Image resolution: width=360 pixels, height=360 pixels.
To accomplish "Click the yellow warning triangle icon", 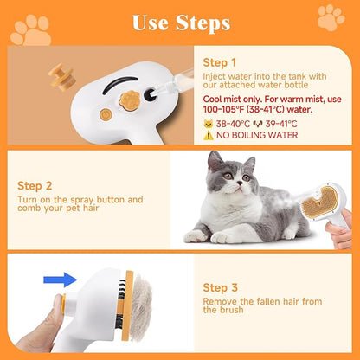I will (x=208, y=134).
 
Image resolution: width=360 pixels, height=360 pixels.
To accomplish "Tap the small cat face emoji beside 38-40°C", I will (x=208, y=123).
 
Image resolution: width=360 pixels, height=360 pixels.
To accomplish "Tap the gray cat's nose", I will (x=231, y=185).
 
